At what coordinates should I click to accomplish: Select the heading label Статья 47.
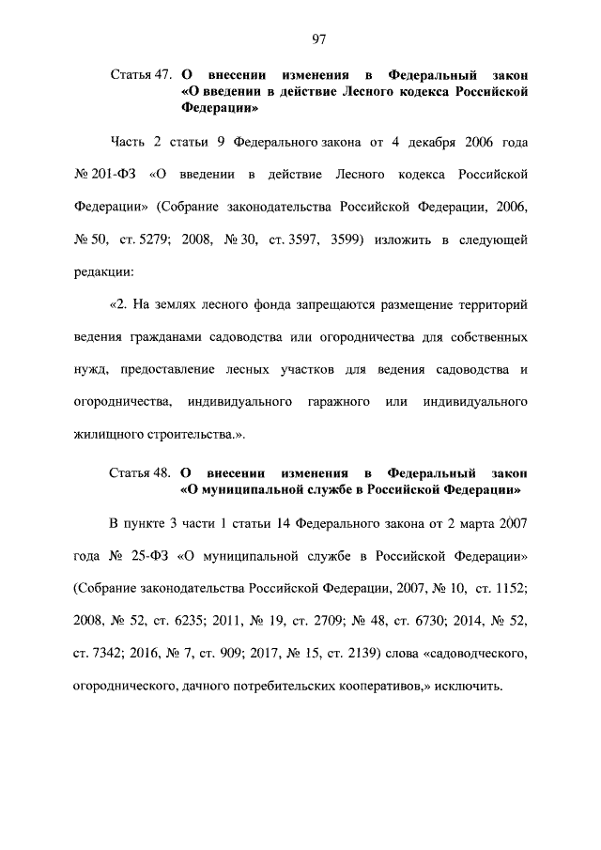click(140, 73)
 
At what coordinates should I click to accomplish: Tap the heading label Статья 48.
click(140, 473)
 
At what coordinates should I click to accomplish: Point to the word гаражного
click(336, 402)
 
